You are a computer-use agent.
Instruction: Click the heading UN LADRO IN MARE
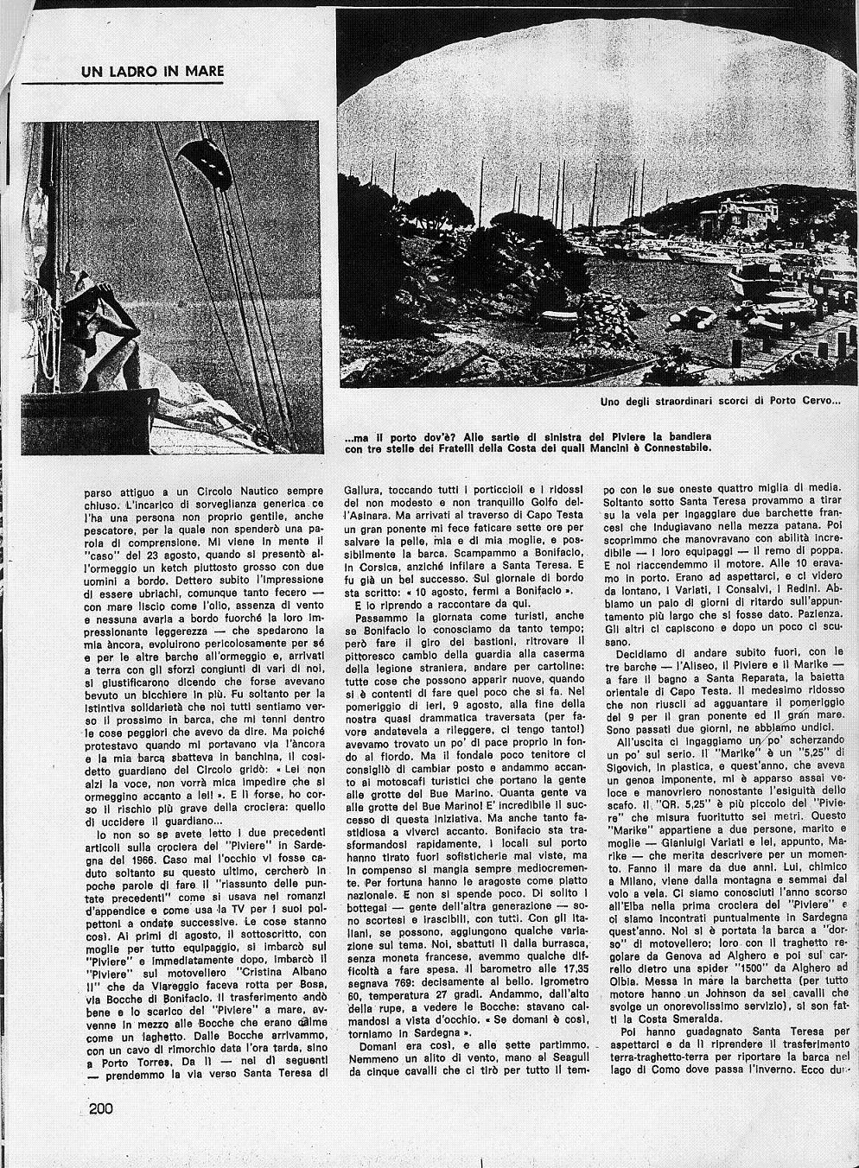(x=152, y=72)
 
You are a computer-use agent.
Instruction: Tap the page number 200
(x=101, y=1109)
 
